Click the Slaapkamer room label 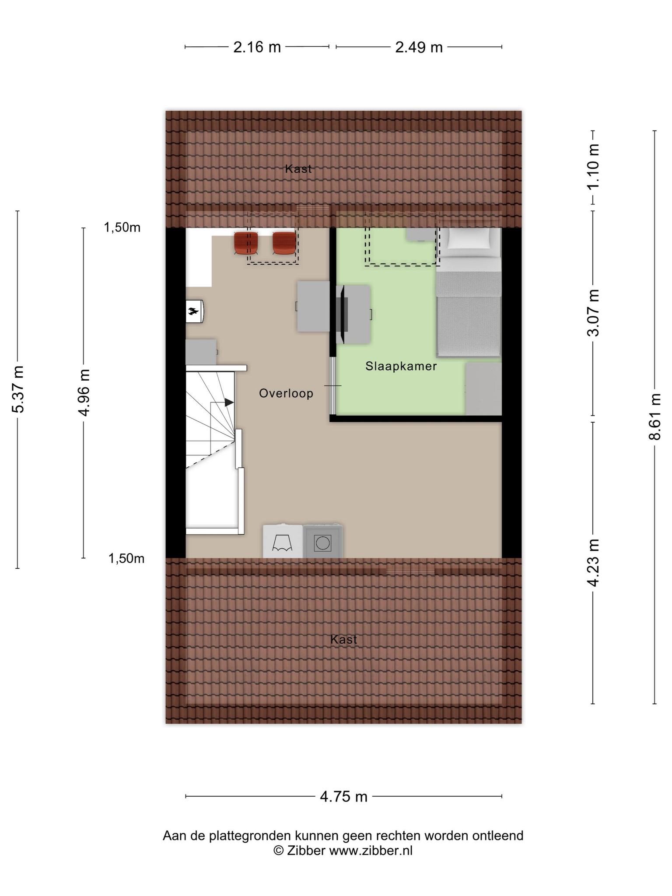tap(401, 366)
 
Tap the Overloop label tap(286, 393)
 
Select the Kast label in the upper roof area tap(298, 168)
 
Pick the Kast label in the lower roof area tap(344, 639)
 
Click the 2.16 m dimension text tap(257, 47)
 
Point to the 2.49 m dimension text tap(419, 47)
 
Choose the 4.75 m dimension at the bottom tap(343, 796)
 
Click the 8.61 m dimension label tap(655, 416)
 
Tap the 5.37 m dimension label tap(18, 389)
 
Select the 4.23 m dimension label tap(593, 563)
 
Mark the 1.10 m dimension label tap(593, 167)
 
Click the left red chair tap(246, 243)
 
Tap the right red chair tap(284, 243)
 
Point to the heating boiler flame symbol tap(193, 311)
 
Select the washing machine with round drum tap(322, 542)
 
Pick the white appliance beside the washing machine tap(283, 542)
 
